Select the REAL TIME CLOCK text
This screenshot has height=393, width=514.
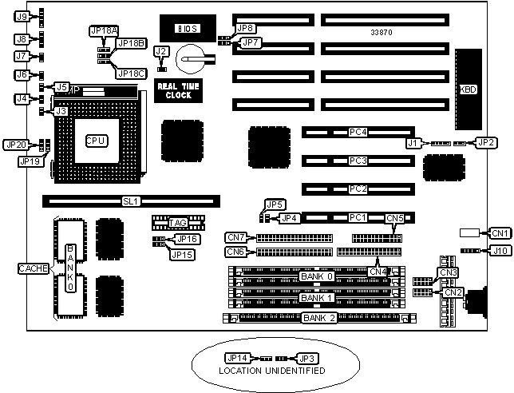(173, 90)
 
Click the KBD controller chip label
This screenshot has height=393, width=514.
(469, 89)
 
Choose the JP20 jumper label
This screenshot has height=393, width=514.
(15, 145)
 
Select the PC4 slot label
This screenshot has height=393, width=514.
(358, 132)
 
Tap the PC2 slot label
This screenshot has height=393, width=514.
(358, 189)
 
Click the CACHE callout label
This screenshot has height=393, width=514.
(34, 268)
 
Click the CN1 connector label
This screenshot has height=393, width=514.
(500, 233)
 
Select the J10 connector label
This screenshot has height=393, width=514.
(500, 251)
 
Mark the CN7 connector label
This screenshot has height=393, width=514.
(236, 237)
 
